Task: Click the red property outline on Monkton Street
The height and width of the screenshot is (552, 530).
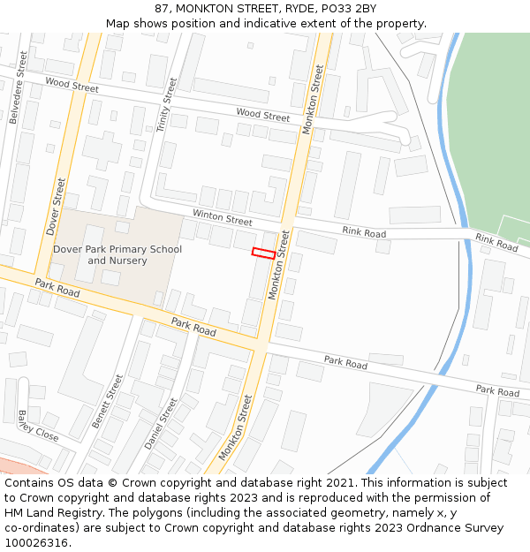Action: click(x=263, y=253)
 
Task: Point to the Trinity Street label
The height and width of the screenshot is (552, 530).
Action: click(x=166, y=105)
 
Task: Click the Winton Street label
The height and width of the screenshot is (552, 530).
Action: click(x=223, y=217)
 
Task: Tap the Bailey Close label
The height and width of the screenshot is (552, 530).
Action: click(x=35, y=427)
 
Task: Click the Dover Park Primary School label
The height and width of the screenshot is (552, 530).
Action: click(x=117, y=249)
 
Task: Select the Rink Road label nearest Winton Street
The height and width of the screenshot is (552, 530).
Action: click(x=364, y=233)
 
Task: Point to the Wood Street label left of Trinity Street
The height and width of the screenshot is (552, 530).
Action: click(x=72, y=87)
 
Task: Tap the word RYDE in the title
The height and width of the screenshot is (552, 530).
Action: click(x=292, y=9)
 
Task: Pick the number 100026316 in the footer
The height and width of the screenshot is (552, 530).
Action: click(x=36, y=542)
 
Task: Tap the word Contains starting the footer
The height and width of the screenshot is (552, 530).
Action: click(x=30, y=483)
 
